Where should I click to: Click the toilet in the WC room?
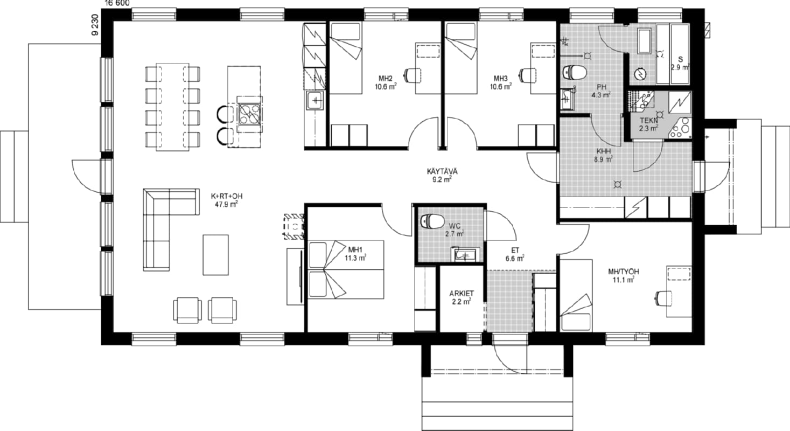[x=433, y=221]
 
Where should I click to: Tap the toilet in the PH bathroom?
[x=575, y=72]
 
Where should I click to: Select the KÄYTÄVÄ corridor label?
[x=442, y=172]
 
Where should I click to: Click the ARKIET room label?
[x=462, y=294]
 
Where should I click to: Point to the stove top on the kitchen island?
[x=250, y=114]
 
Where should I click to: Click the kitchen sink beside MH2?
[x=315, y=100]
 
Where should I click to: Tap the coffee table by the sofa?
[x=215, y=255]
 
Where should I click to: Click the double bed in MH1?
[x=346, y=270]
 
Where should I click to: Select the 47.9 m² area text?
[x=226, y=204]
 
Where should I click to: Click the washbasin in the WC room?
[x=465, y=255]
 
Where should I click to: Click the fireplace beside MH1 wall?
[x=293, y=227]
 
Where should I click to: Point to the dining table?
[x=172, y=107]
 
